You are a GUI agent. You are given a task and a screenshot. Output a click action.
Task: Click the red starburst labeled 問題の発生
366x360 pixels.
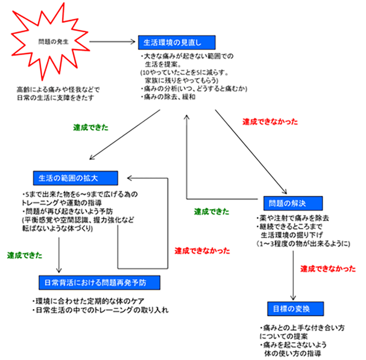pos(52,42)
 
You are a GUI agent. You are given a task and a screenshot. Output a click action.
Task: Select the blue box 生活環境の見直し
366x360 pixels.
pos(177,42)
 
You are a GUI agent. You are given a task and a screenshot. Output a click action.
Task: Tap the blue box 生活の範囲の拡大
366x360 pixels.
pos(75,178)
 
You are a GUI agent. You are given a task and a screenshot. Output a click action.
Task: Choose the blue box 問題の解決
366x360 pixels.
pos(293,203)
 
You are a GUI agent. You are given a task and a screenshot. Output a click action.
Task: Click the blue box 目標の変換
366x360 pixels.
pos(295,309)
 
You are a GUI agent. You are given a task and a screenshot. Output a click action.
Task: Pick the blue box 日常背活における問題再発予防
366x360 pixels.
pos(99,283)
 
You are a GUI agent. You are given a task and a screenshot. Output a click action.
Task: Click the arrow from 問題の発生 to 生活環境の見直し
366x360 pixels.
pos(112,42)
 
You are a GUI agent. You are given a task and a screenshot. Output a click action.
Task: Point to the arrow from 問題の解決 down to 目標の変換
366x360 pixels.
pos(293,275)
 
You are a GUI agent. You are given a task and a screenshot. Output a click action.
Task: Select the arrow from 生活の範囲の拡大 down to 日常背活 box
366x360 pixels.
pos(59,255)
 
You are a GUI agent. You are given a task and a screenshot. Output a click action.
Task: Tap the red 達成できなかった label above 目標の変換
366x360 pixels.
pos(328,269)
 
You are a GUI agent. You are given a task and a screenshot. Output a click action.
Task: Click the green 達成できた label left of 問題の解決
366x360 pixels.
pos(211,212)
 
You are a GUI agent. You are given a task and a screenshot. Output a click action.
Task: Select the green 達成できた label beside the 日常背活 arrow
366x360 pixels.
pos(25,256)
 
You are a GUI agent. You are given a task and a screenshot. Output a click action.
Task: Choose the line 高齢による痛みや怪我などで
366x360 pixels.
pos(58,90)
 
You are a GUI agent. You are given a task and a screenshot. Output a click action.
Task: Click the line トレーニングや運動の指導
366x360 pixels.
pos(62,203)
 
